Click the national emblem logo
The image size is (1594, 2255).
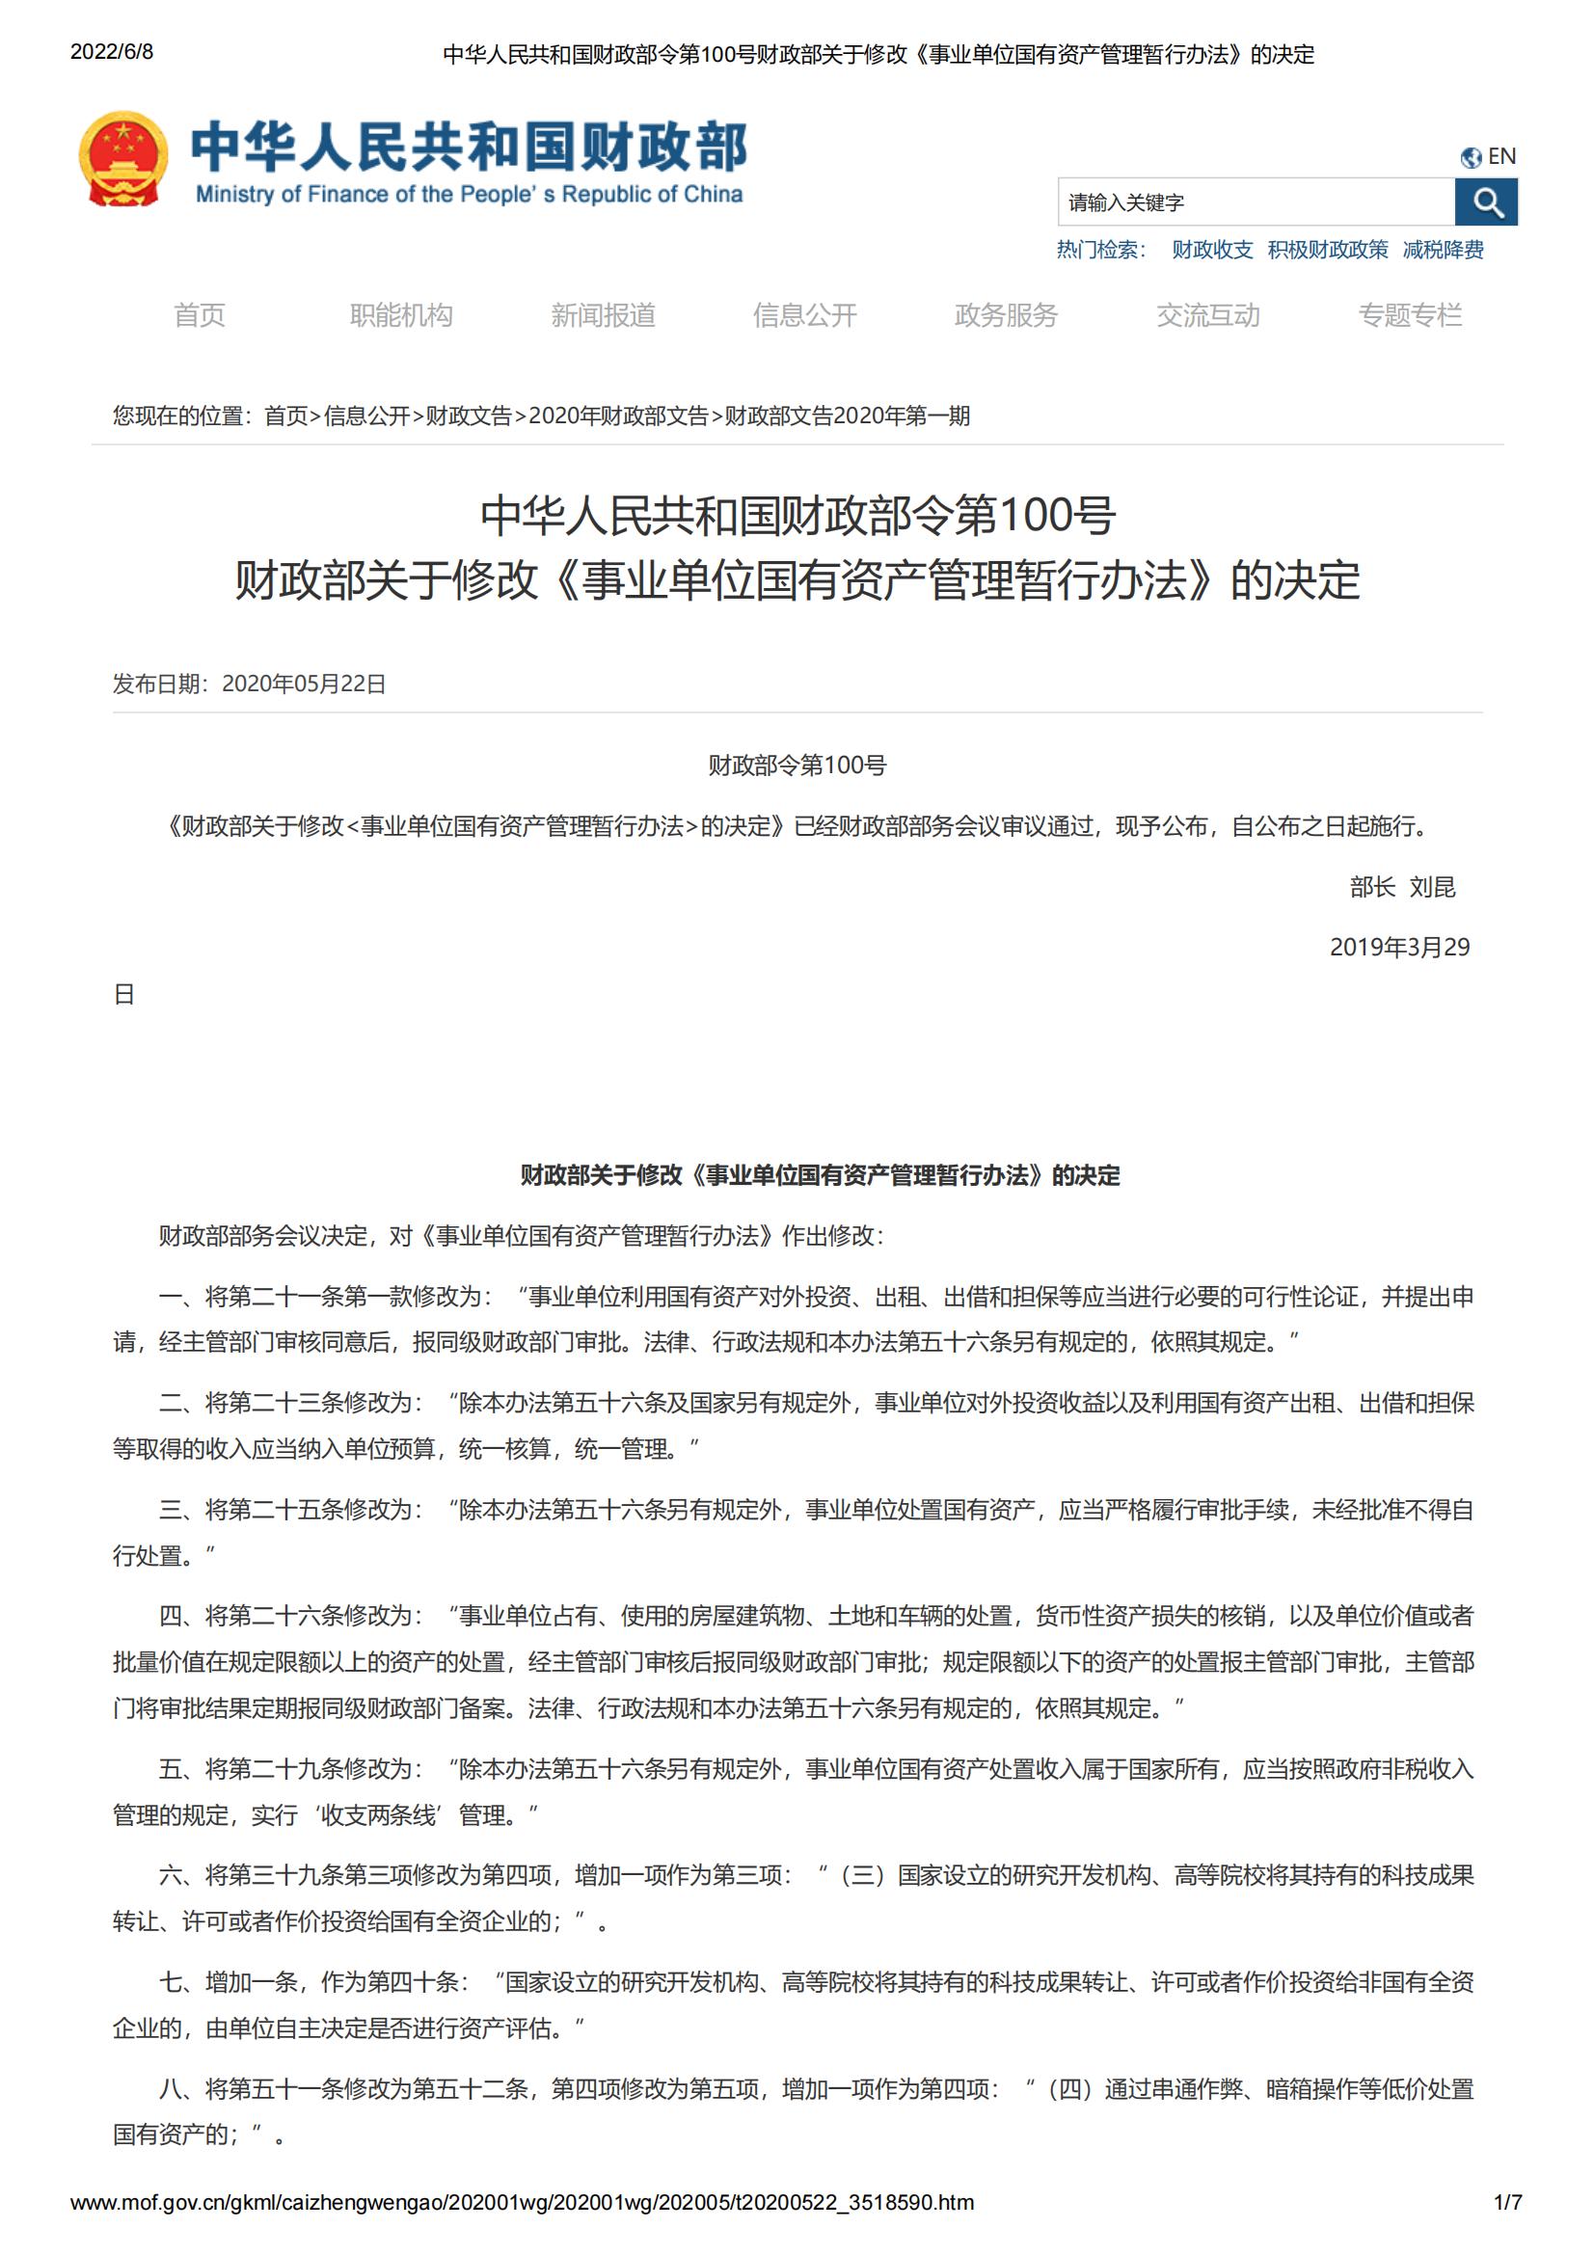(122, 159)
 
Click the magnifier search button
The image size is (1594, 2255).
(1485, 202)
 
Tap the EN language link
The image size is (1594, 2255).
(1489, 157)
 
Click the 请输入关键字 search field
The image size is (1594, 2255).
(1256, 202)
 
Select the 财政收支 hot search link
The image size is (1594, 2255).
(1212, 251)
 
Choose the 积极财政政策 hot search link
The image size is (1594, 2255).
(1327, 251)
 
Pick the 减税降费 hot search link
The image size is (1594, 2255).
(1442, 251)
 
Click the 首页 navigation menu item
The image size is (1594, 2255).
(200, 315)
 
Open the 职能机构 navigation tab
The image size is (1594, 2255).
(401, 315)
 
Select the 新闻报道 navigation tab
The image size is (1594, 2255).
(603, 315)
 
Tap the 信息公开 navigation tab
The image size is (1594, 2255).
(804, 315)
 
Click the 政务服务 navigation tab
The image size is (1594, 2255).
(1006, 315)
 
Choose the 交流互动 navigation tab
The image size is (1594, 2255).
(1208, 315)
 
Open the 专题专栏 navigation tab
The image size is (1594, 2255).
(1410, 315)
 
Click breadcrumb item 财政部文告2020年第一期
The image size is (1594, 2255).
(847, 416)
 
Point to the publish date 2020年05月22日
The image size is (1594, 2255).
(304, 685)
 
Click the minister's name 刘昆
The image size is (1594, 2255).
(1432, 888)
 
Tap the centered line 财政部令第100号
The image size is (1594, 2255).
(797, 766)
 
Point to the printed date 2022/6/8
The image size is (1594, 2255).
(112, 52)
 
